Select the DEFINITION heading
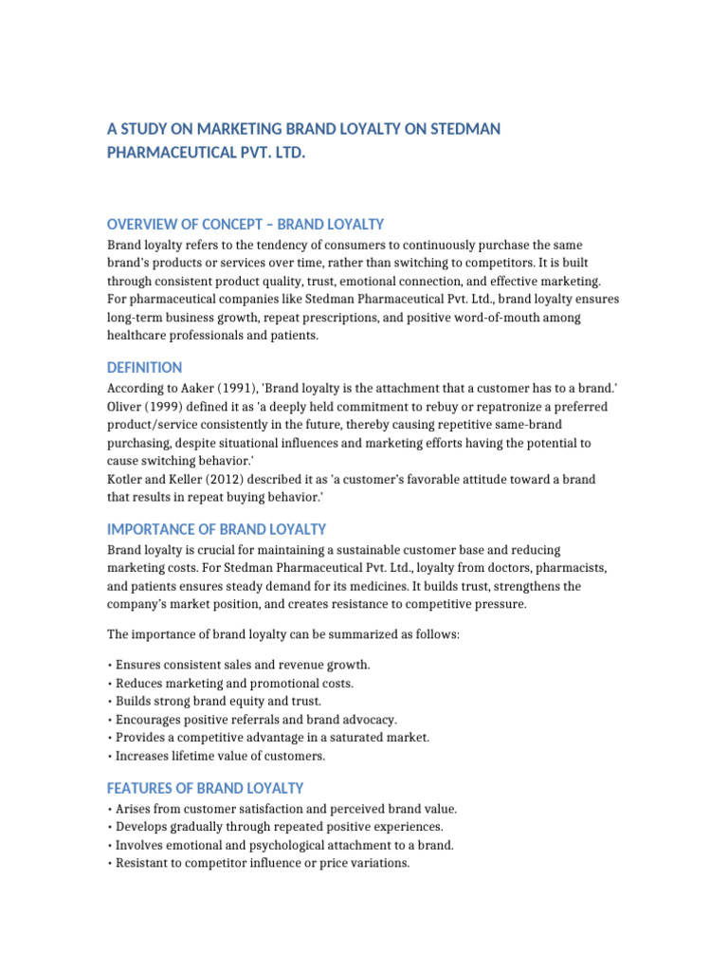pyautogui.click(x=144, y=367)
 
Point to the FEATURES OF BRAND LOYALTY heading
pyautogui.click(x=205, y=788)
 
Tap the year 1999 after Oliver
pyautogui.click(x=167, y=407)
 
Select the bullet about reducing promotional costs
pyautogui.click(x=231, y=683)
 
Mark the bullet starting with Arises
pyautogui.click(x=283, y=809)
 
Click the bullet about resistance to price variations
pyautogui.click(x=260, y=863)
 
